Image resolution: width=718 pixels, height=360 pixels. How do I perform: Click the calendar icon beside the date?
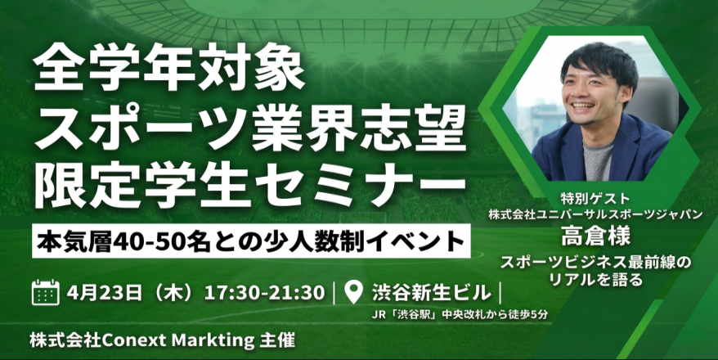[x=46, y=292]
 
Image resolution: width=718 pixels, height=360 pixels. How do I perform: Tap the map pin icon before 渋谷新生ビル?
[x=354, y=291]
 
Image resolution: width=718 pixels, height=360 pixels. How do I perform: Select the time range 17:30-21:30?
[x=267, y=292]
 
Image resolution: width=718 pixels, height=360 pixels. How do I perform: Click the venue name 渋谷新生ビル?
[x=432, y=292]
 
